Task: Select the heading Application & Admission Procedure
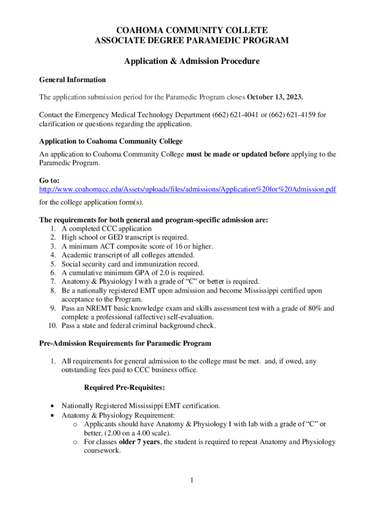pyautogui.click(x=191, y=61)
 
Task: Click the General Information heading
pyautogui.click(x=72, y=80)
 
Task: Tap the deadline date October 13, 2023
pyautogui.click(x=275, y=96)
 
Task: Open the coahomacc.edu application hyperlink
pyautogui.click(x=188, y=189)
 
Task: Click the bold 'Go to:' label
pyautogui.click(x=49, y=181)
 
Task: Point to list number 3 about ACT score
pyautogui.click(x=53, y=246)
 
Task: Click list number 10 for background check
pyautogui.click(x=52, y=326)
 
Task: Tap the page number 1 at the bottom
pyautogui.click(x=190, y=480)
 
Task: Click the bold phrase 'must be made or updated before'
pyautogui.click(x=238, y=154)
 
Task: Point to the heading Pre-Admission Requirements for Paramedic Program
pyautogui.click(x=125, y=343)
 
